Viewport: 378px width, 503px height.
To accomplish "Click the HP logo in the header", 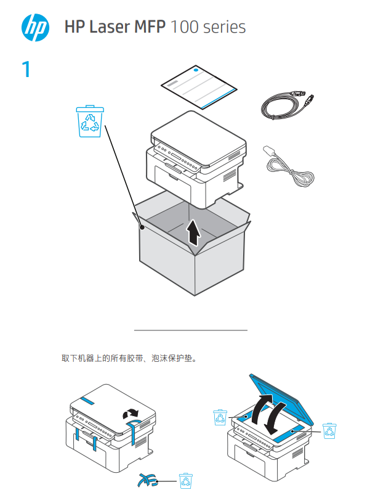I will (x=35, y=28).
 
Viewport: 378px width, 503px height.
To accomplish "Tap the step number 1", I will (x=26, y=70).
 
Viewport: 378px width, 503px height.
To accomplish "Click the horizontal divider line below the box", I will (x=190, y=330).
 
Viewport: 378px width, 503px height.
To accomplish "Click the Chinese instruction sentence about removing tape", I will (x=129, y=358).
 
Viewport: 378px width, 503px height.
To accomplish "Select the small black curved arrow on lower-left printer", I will (x=131, y=412).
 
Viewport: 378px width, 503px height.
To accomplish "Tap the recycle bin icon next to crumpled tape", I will (x=185, y=480).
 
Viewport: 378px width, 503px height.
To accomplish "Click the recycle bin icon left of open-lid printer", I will (x=220, y=418).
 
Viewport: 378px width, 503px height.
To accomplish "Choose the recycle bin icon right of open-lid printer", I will (x=329, y=431).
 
